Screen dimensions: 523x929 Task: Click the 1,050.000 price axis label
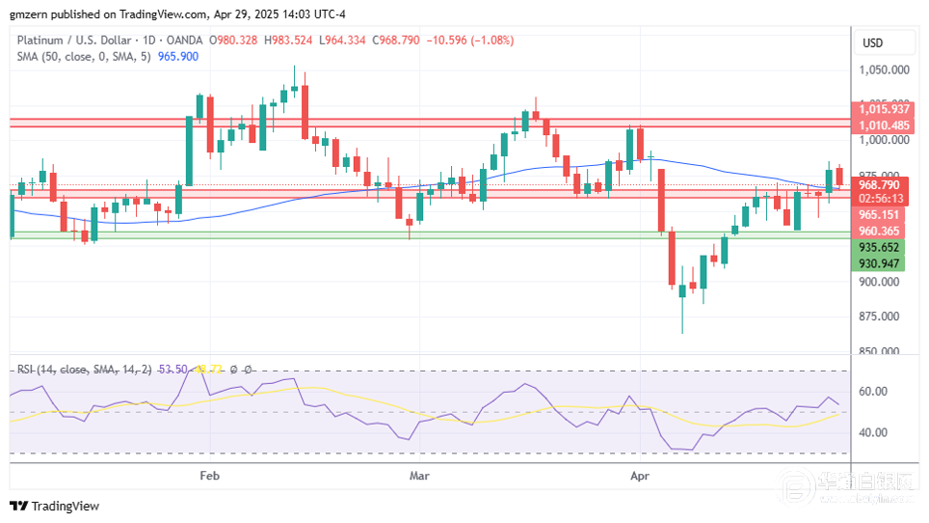[x=885, y=70]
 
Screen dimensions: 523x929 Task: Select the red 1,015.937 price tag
[x=884, y=109]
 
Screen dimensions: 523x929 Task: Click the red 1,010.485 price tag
[x=884, y=125]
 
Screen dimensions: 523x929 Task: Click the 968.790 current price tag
[x=879, y=184]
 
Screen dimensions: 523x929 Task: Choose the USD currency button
[x=873, y=43]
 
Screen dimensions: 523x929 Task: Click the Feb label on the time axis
[x=209, y=476]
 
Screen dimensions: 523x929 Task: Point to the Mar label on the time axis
[x=419, y=476]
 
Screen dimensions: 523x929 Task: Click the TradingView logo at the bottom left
[x=55, y=506]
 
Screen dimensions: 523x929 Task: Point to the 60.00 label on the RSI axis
[x=872, y=392]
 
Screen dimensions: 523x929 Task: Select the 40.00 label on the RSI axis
[x=872, y=432]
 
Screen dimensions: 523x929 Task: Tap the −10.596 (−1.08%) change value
[x=471, y=40]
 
